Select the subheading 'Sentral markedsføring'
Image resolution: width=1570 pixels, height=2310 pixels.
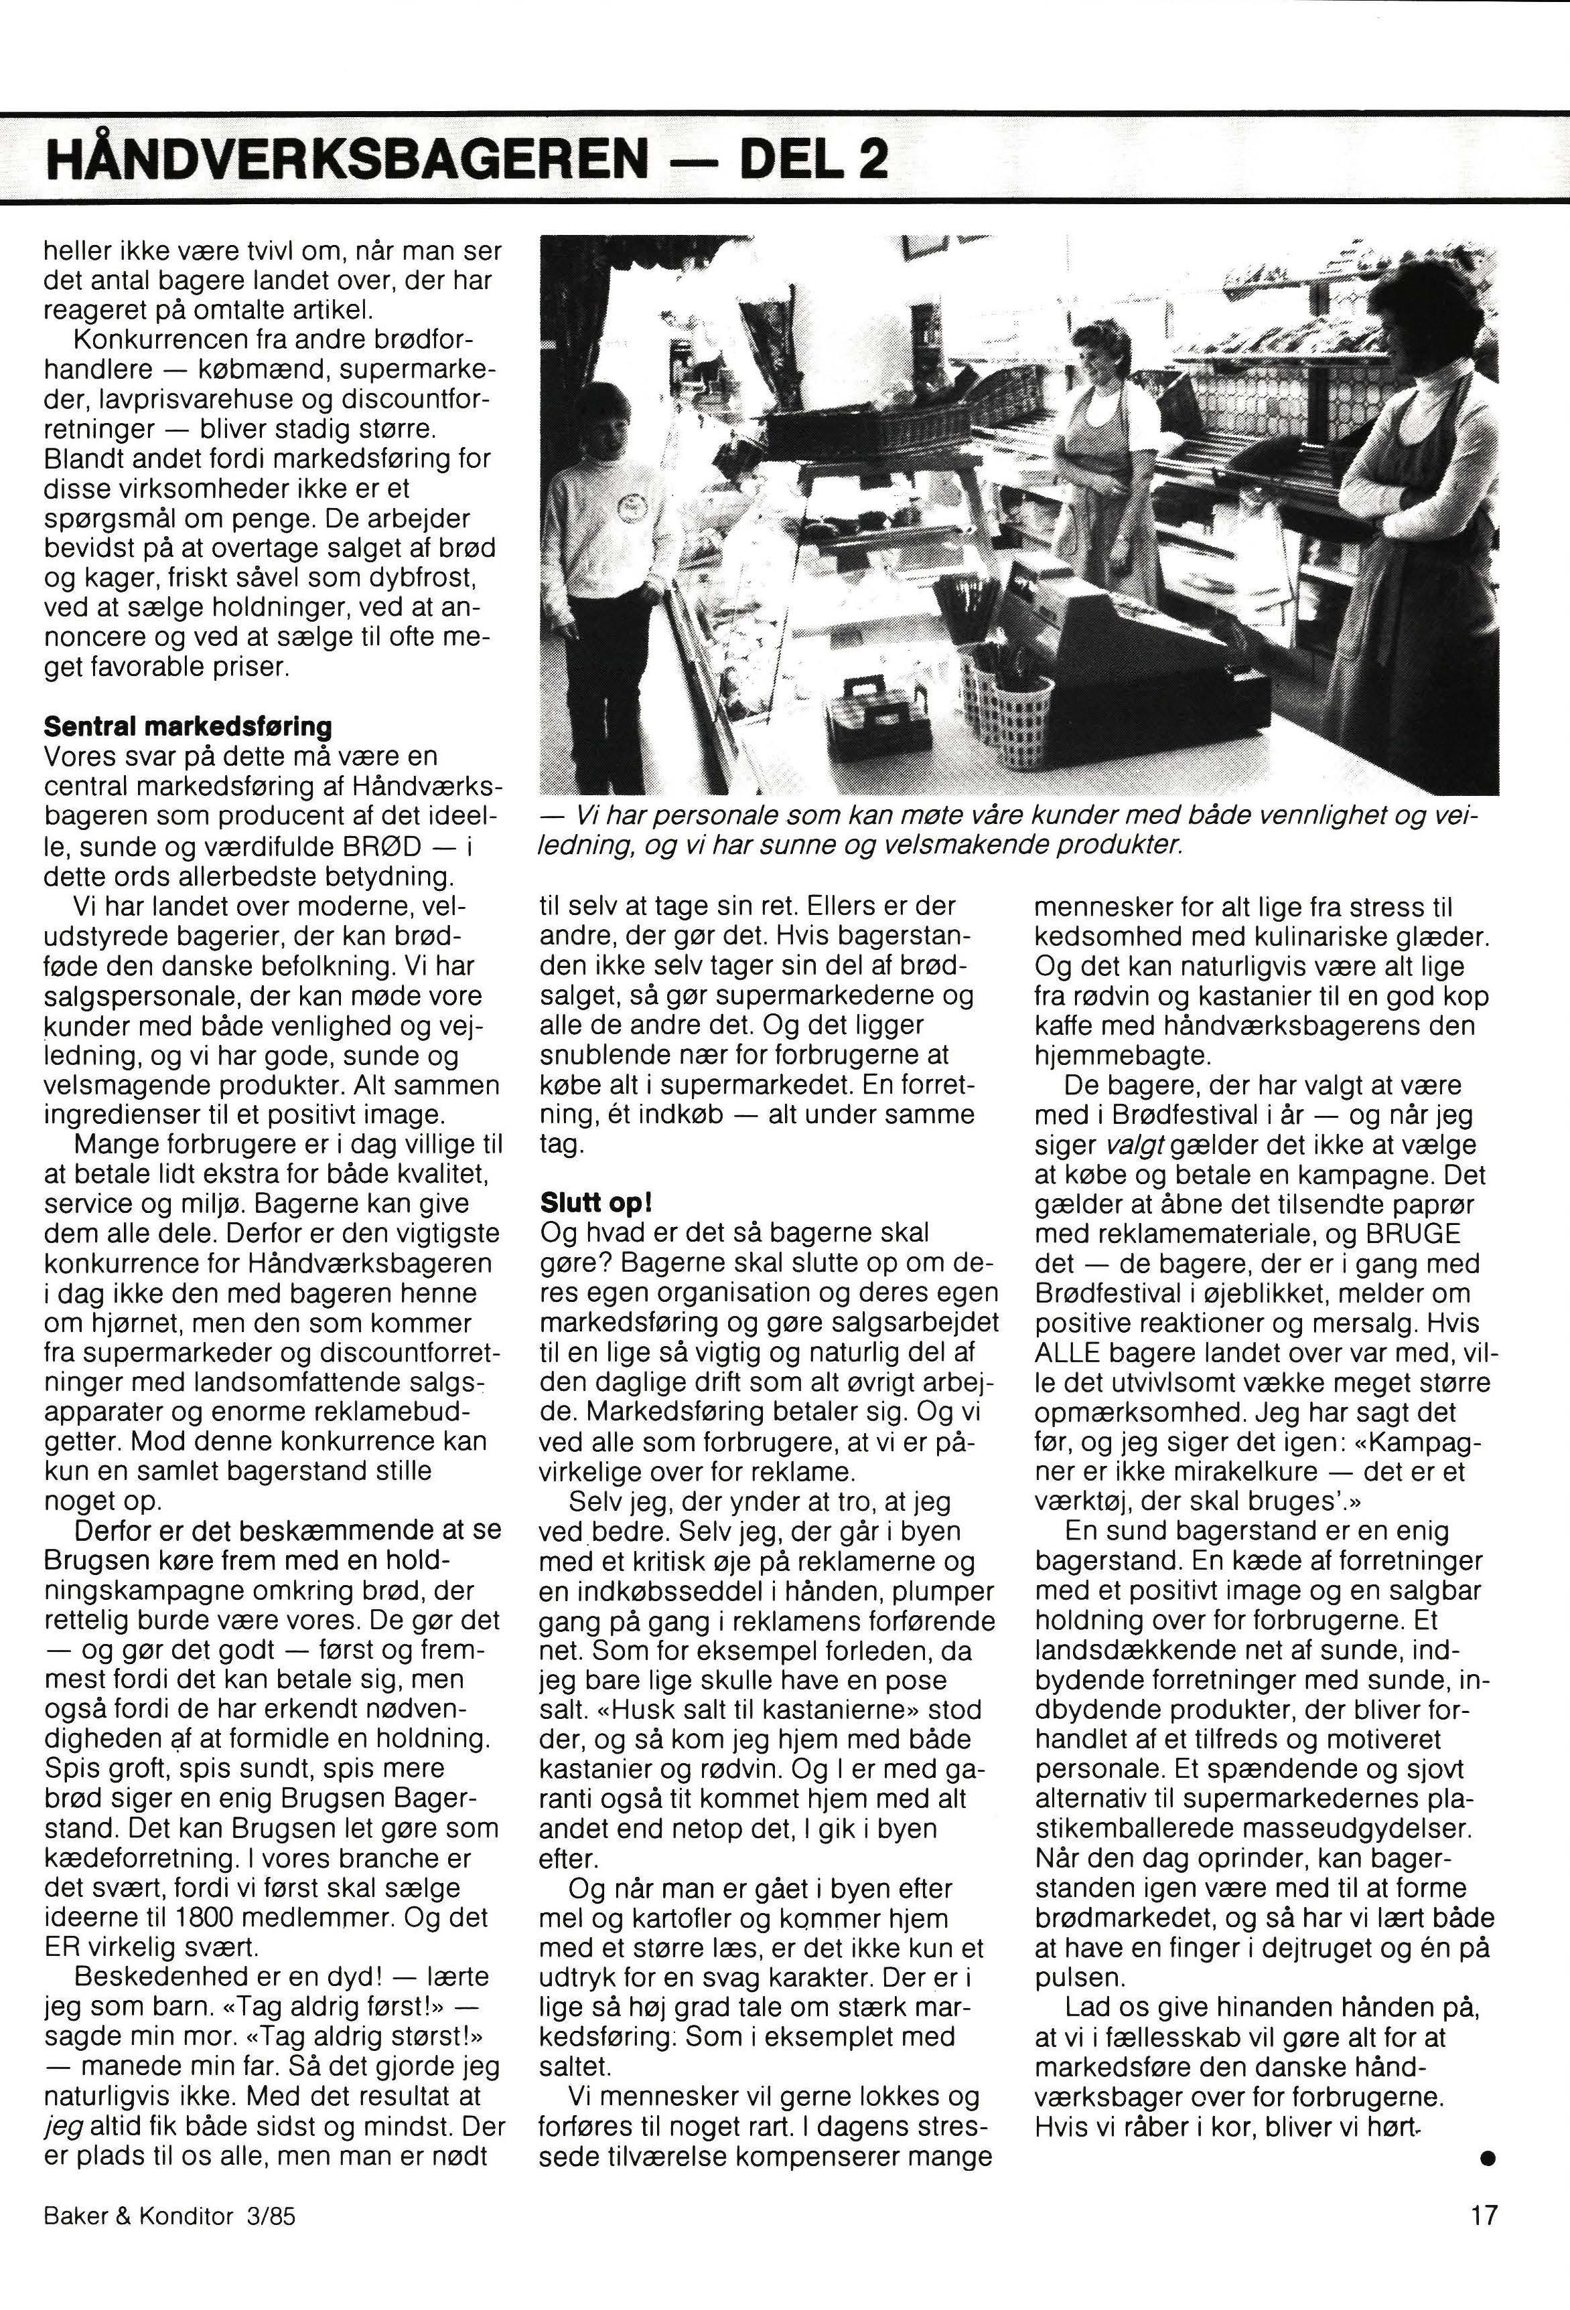coord(188,726)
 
